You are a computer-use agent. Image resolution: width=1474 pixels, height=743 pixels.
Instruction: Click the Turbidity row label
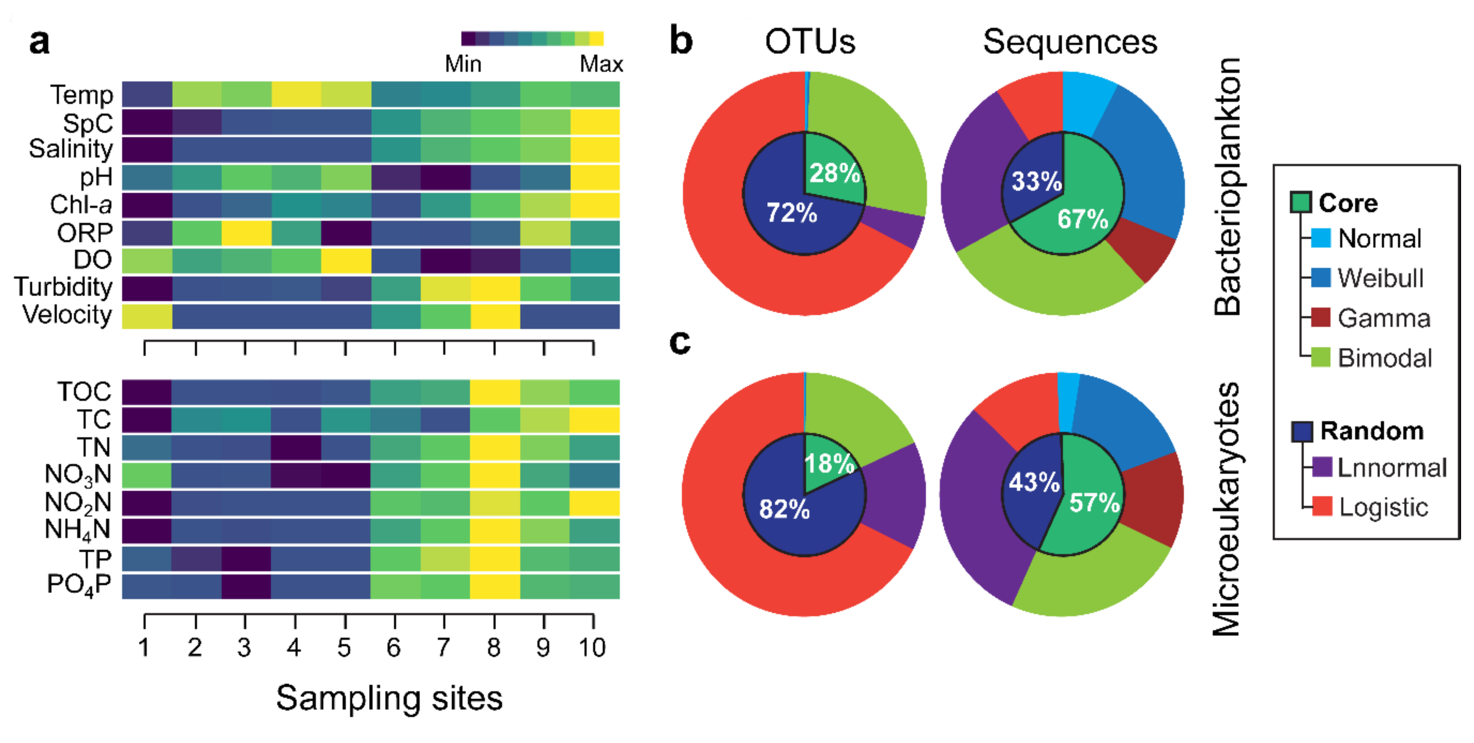pyautogui.click(x=63, y=287)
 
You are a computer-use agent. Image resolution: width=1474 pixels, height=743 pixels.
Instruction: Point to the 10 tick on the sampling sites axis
pyautogui.click(x=592, y=648)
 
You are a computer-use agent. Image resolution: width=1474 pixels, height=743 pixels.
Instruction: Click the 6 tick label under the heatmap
pyautogui.click(x=394, y=648)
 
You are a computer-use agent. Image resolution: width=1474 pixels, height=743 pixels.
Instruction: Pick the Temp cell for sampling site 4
pyautogui.click(x=296, y=94)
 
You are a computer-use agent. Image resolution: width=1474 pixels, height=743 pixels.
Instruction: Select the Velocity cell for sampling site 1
pyautogui.click(x=147, y=317)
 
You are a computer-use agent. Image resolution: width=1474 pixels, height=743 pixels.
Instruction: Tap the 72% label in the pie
pyautogui.click(x=791, y=213)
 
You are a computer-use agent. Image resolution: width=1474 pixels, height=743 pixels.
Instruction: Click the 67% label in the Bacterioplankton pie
pyautogui.click(x=1082, y=219)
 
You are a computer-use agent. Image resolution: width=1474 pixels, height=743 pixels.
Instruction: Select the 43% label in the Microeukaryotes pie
pyautogui.click(x=1034, y=482)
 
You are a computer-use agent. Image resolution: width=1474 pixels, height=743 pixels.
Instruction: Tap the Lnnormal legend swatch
pyautogui.click(x=1322, y=467)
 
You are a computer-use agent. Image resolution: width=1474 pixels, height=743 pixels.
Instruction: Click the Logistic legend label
pyautogui.click(x=1383, y=507)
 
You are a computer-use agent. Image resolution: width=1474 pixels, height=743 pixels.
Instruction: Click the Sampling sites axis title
pyautogui.click(x=389, y=698)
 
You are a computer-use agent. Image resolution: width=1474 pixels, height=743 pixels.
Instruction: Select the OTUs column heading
pyautogui.click(x=810, y=42)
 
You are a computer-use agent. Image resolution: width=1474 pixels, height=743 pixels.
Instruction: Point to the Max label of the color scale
pyautogui.click(x=601, y=64)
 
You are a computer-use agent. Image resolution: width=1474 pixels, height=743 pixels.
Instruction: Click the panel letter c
pyautogui.click(x=680, y=342)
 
